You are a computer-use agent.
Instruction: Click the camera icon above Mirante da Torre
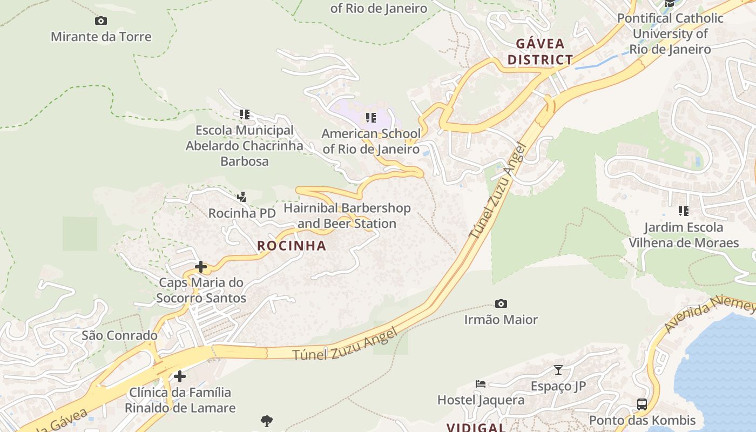click(101, 21)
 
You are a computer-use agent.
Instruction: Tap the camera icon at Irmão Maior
click(501, 304)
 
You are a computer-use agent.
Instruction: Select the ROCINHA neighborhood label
click(292, 246)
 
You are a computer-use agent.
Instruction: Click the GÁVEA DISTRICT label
click(539, 51)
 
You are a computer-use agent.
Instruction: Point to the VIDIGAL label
click(475, 427)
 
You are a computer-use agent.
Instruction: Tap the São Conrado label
click(119, 335)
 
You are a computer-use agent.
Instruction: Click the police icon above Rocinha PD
click(242, 197)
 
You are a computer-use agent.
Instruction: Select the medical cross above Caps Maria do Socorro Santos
click(201, 267)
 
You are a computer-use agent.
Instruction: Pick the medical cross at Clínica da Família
click(180, 376)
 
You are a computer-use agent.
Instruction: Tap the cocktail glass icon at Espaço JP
click(558, 370)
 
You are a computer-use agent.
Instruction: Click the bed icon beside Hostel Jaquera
click(481, 384)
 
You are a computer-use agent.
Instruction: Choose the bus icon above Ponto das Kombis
click(642, 404)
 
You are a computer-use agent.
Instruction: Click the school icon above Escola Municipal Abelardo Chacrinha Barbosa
click(245, 114)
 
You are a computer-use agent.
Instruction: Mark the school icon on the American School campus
click(371, 117)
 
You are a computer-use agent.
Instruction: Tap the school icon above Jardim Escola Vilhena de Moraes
click(684, 211)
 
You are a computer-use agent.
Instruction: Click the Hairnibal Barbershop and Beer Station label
click(347, 215)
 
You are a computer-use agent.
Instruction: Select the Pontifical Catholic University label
click(670, 33)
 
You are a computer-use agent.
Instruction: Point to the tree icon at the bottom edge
click(266, 421)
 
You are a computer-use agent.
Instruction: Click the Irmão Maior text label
click(501, 320)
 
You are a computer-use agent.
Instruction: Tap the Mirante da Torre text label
click(101, 37)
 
